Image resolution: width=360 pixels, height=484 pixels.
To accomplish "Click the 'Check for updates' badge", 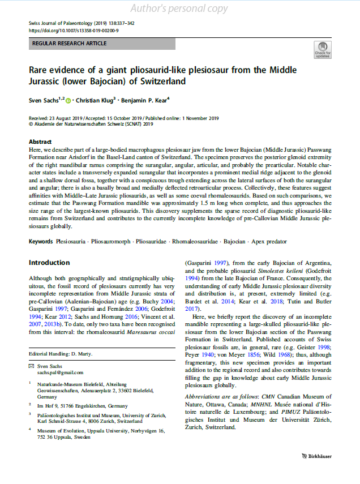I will pyautogui.click(x=322, y=50).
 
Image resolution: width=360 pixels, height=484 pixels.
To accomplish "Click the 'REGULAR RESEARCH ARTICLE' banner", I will pyautogui.click(x=102, y=44).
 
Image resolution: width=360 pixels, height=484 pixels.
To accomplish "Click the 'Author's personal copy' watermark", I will pyautogui.click(x=179, y=8).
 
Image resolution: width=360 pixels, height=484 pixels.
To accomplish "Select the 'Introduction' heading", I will pyautogui.click(x=49, y=263).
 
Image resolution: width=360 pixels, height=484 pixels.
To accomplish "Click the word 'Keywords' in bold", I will pyautogui.click(x=41, y=242).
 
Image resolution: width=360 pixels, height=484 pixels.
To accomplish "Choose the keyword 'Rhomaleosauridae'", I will pyautogui.click(x=191, y=242).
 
